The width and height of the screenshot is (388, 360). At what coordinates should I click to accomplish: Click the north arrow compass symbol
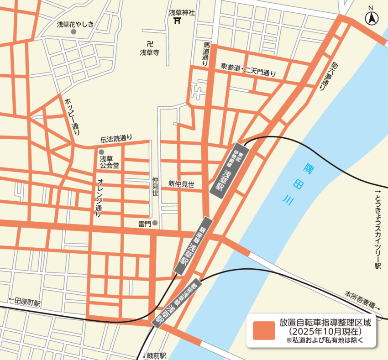372,19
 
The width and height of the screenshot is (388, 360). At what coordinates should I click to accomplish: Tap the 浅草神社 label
182,12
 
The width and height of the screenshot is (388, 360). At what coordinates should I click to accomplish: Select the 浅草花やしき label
75,25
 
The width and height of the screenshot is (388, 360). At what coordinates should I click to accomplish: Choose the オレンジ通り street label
100,197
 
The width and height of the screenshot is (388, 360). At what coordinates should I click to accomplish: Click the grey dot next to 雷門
155,223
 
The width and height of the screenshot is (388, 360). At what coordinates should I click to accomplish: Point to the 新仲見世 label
181,184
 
